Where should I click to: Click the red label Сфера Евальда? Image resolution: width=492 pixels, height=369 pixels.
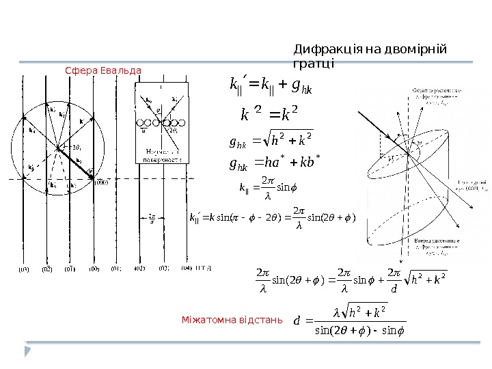click(x=103, y=70)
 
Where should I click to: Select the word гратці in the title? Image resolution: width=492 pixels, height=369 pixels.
click(x=314, y=64)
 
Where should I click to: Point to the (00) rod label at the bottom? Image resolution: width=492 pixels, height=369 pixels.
click(x=94, y=271)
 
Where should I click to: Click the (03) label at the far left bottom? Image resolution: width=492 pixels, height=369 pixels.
click(x=24, y=271)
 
